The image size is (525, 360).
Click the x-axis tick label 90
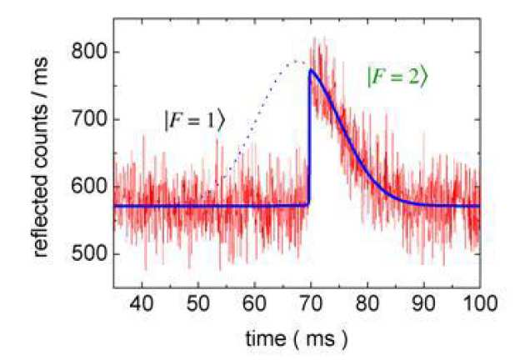[x=422, y=302]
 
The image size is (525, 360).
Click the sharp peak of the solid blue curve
[x=310, y=71]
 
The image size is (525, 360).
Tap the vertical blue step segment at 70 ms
[x=309, y=142]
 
